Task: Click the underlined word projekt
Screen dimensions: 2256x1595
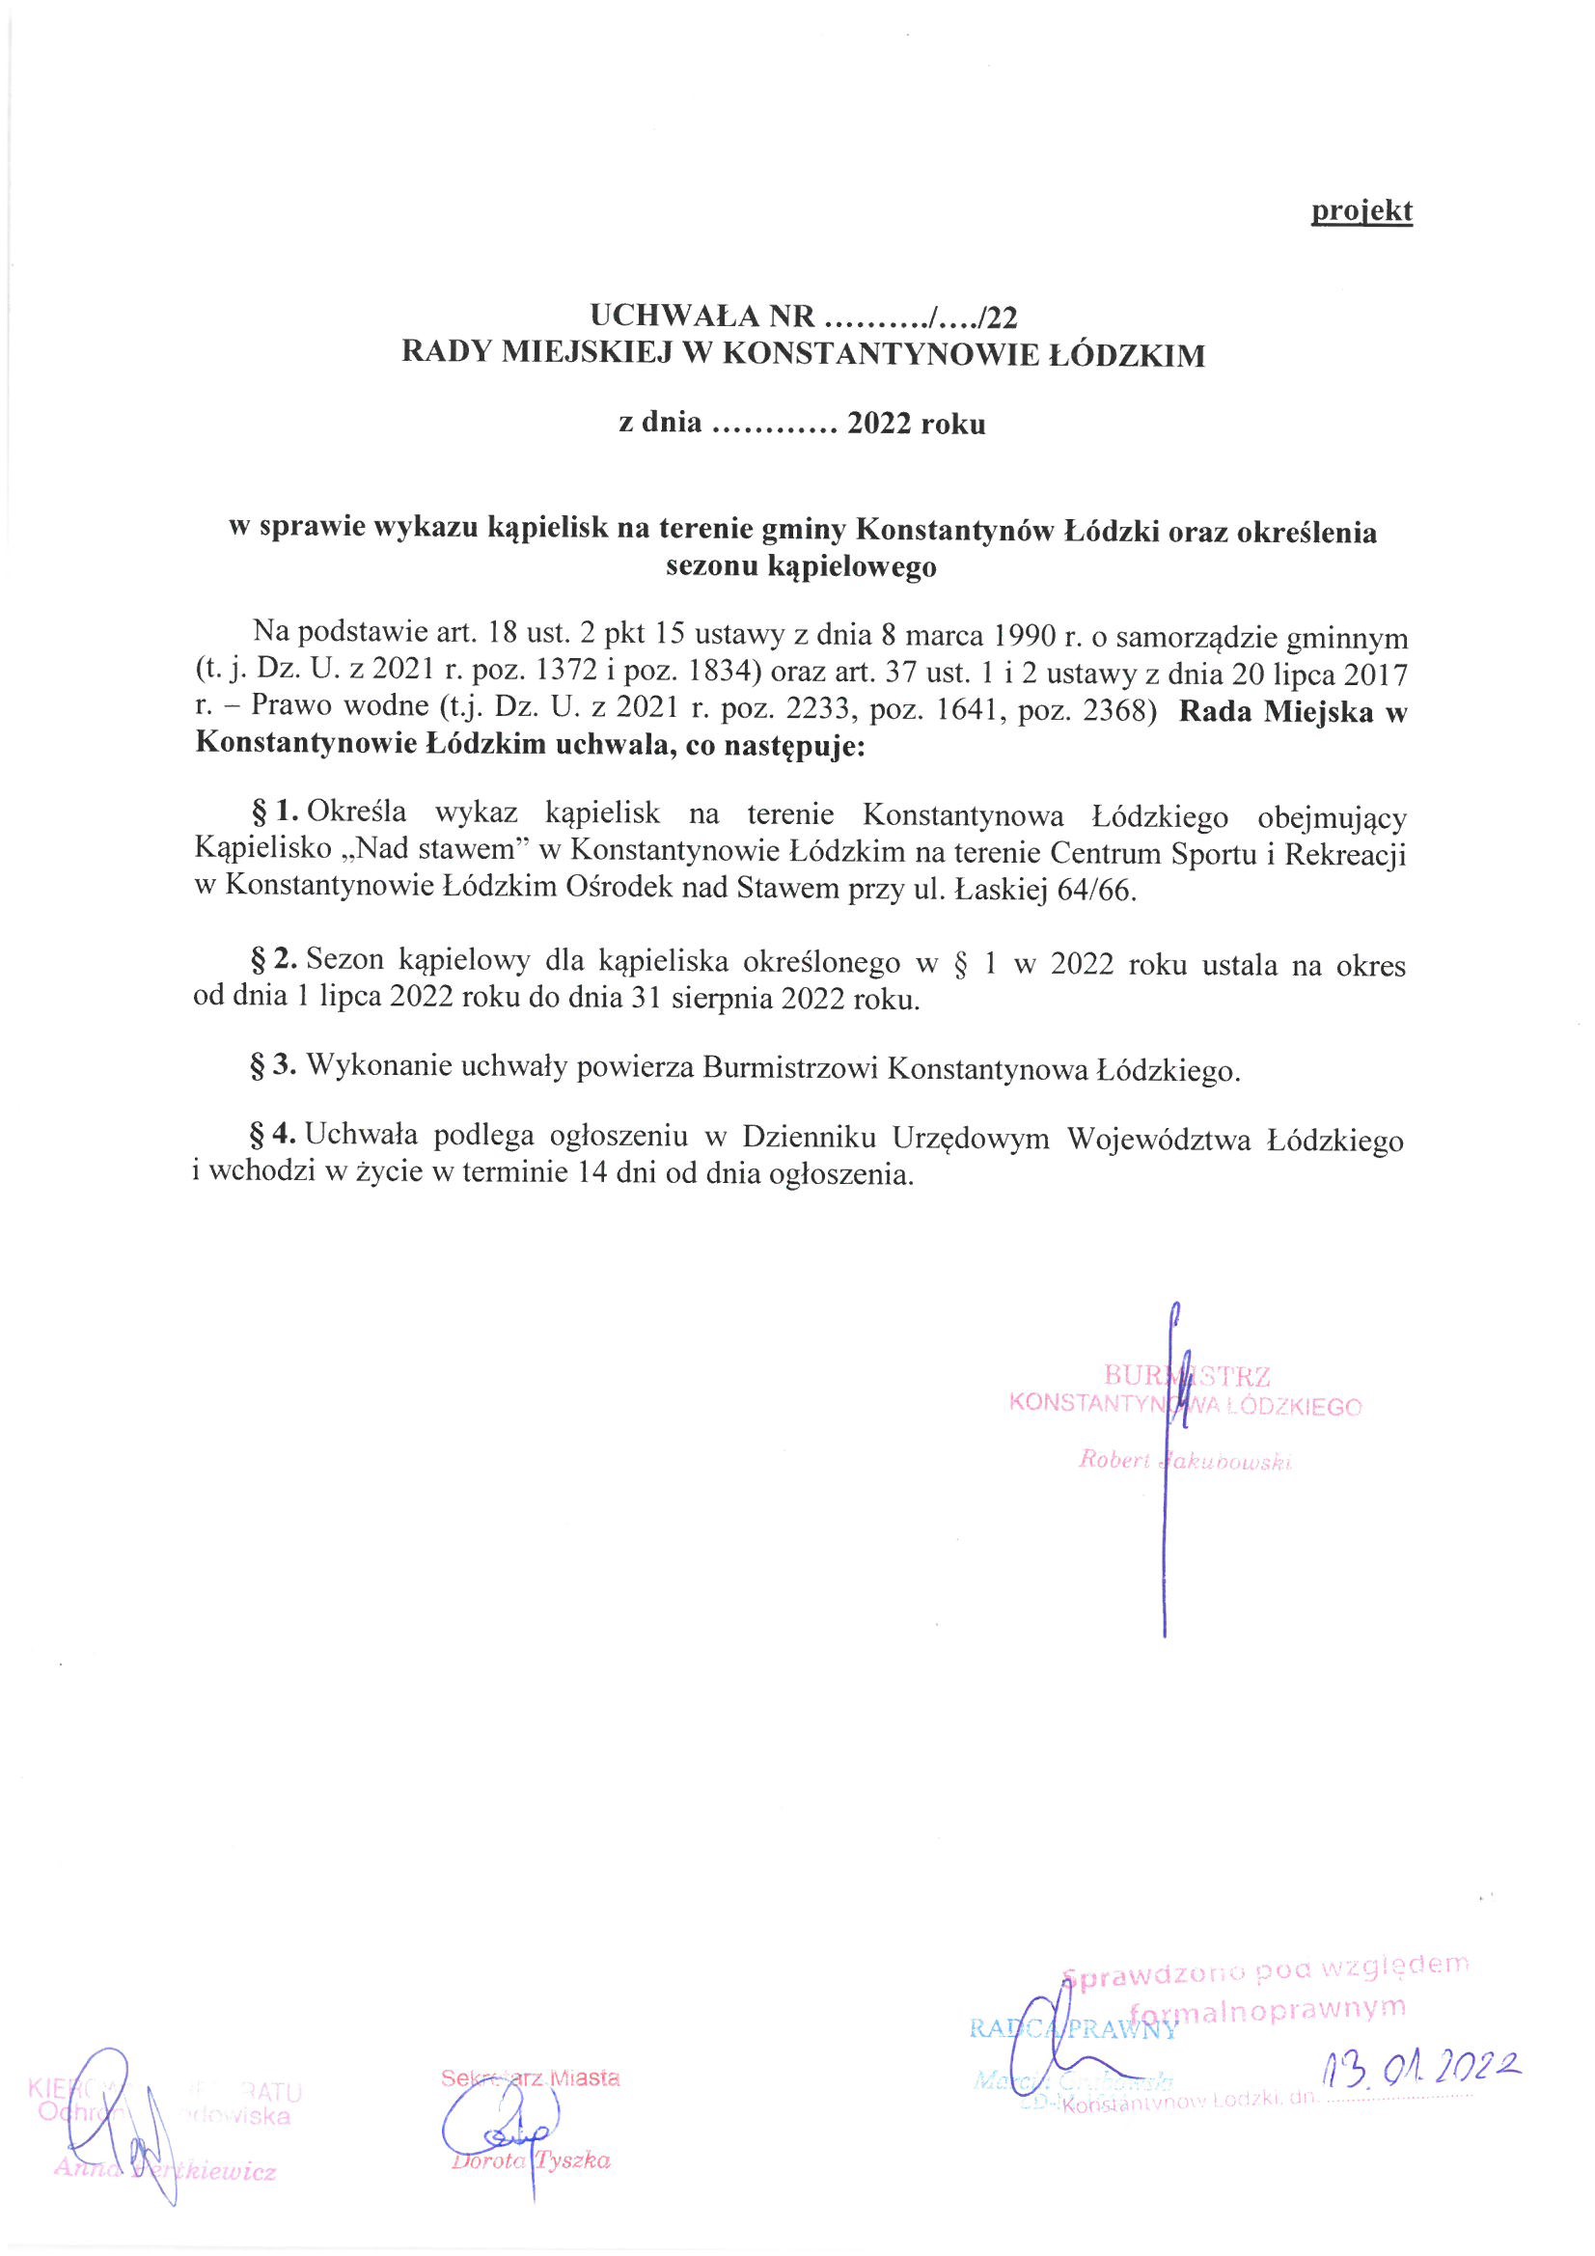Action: pos(1361,210)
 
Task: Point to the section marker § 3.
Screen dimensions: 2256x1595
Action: pos(274,1065)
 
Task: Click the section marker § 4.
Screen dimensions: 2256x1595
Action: pos(274,1135)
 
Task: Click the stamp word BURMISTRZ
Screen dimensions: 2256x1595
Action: pos(1186,1375)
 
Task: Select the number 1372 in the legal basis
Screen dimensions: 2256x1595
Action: pos(564,675)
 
